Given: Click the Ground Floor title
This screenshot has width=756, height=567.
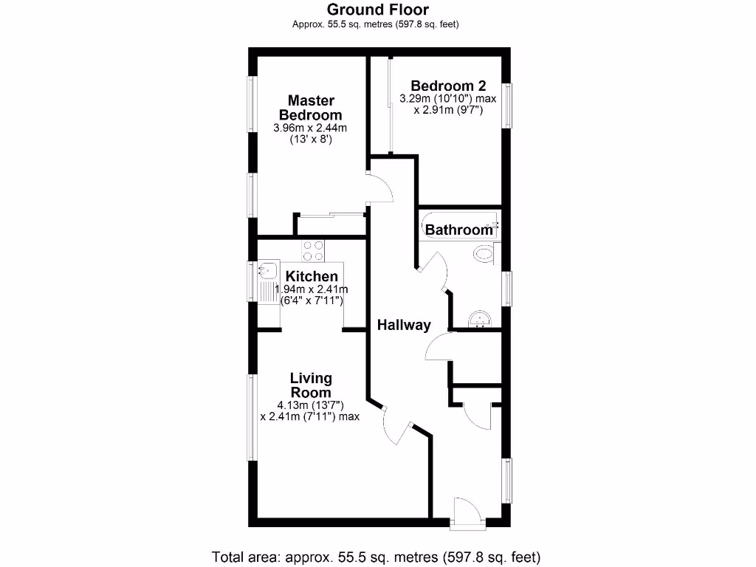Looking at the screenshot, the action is point(377,10).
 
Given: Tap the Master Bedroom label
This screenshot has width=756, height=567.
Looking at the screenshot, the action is point(310,108).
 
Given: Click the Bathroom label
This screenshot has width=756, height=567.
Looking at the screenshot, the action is point(458,230).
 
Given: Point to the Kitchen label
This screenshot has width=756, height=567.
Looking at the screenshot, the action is point(312,276).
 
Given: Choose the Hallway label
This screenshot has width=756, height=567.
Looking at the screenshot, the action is point(404,325).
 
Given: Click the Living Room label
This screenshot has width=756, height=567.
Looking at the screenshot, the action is point(310,385).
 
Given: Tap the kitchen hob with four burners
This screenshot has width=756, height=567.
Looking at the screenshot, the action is point(313,251).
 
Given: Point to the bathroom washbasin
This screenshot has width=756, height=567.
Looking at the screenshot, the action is point(481,319).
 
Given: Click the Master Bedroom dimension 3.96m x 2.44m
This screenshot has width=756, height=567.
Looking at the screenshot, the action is point(310,128).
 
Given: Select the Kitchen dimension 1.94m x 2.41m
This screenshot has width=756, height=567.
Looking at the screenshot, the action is point(311,289).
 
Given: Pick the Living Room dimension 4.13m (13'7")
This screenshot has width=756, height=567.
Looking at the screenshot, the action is point(310,405).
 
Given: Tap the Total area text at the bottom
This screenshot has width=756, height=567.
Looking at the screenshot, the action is point(377,556).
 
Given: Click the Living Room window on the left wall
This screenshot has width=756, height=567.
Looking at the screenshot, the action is point(252,417).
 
